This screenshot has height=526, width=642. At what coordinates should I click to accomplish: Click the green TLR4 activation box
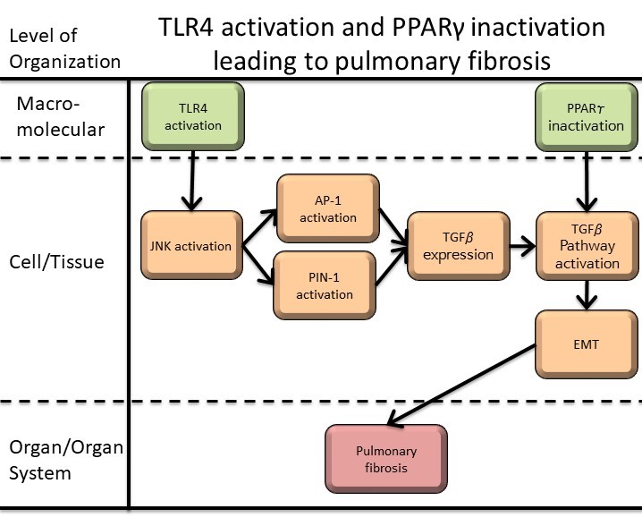pos(192,118)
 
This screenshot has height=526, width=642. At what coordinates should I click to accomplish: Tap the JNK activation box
pos(191,247)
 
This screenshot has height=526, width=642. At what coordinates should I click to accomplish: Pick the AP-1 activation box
pos(328,208)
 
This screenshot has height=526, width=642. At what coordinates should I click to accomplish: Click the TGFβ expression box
pos(458,246)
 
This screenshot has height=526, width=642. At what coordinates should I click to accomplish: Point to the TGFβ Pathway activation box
pos(587,246)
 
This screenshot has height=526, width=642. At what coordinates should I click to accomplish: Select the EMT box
pos(587,343)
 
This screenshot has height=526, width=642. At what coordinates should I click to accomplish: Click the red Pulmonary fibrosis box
pos(385,458)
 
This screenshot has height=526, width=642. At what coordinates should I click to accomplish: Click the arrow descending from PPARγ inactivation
pos(586,179)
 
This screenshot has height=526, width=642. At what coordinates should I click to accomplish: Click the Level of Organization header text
pos(63,48)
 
